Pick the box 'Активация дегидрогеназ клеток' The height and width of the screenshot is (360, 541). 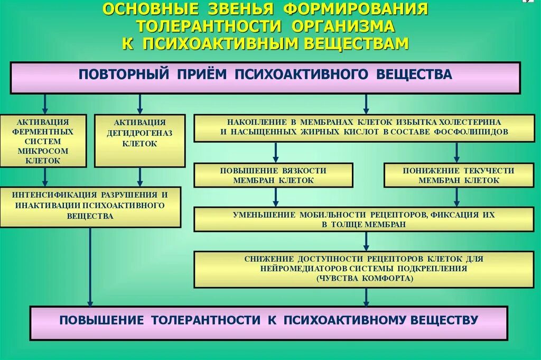coord(139,141)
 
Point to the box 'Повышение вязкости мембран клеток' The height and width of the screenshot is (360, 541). coord(273,175)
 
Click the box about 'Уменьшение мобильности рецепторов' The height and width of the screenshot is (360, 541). coord(364,219)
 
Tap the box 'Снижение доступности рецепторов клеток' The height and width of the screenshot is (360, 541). coord(364,269)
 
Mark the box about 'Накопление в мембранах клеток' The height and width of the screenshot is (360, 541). coord(364,127)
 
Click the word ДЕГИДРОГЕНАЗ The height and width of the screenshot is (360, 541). coord(139,133)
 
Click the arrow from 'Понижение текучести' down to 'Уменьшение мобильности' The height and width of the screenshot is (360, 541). coord(457,197)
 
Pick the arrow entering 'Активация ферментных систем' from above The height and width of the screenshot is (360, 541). coord(45,104)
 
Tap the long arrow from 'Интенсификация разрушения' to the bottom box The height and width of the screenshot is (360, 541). coord(90,267)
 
